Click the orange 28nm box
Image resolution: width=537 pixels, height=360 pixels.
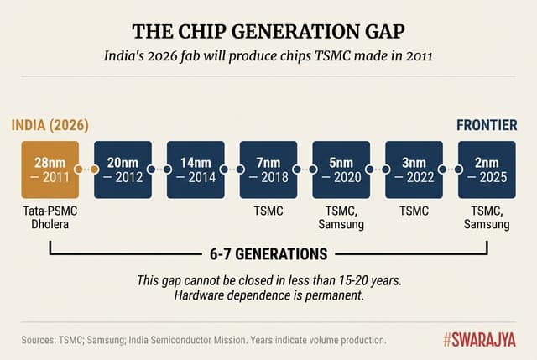click(50, 170)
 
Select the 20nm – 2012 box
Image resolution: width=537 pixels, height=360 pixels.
click(123, 170)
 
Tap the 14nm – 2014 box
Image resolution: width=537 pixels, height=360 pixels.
click(196, 170)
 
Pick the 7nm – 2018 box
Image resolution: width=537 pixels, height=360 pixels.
click(268, 170)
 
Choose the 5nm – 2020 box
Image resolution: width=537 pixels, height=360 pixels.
click(341, 170)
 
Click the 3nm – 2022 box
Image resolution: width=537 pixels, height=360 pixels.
click(414, 170)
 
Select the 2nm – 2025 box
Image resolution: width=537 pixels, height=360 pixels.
click(487, 170)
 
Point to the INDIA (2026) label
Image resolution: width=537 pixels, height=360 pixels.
click(50, 126)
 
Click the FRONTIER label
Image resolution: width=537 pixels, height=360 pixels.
click(487, 126)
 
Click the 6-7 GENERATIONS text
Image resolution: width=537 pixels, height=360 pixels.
click(268, 253)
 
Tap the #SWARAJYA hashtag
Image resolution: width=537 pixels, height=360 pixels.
click(479, 339)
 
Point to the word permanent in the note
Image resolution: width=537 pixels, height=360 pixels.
click(338, 295)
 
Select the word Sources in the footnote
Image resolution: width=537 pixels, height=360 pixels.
click(41, 340)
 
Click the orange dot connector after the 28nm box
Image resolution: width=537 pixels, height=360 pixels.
click(95, 170)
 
